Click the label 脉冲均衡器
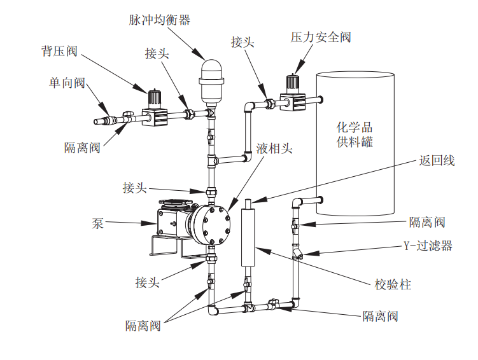(160, 20)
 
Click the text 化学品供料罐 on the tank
(355, 134)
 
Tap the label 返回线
(437, 161)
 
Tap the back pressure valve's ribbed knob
(153, 99)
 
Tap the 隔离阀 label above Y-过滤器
(426, 222)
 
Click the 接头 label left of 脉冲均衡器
(157, 54)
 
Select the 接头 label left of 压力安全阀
(243, 42)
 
